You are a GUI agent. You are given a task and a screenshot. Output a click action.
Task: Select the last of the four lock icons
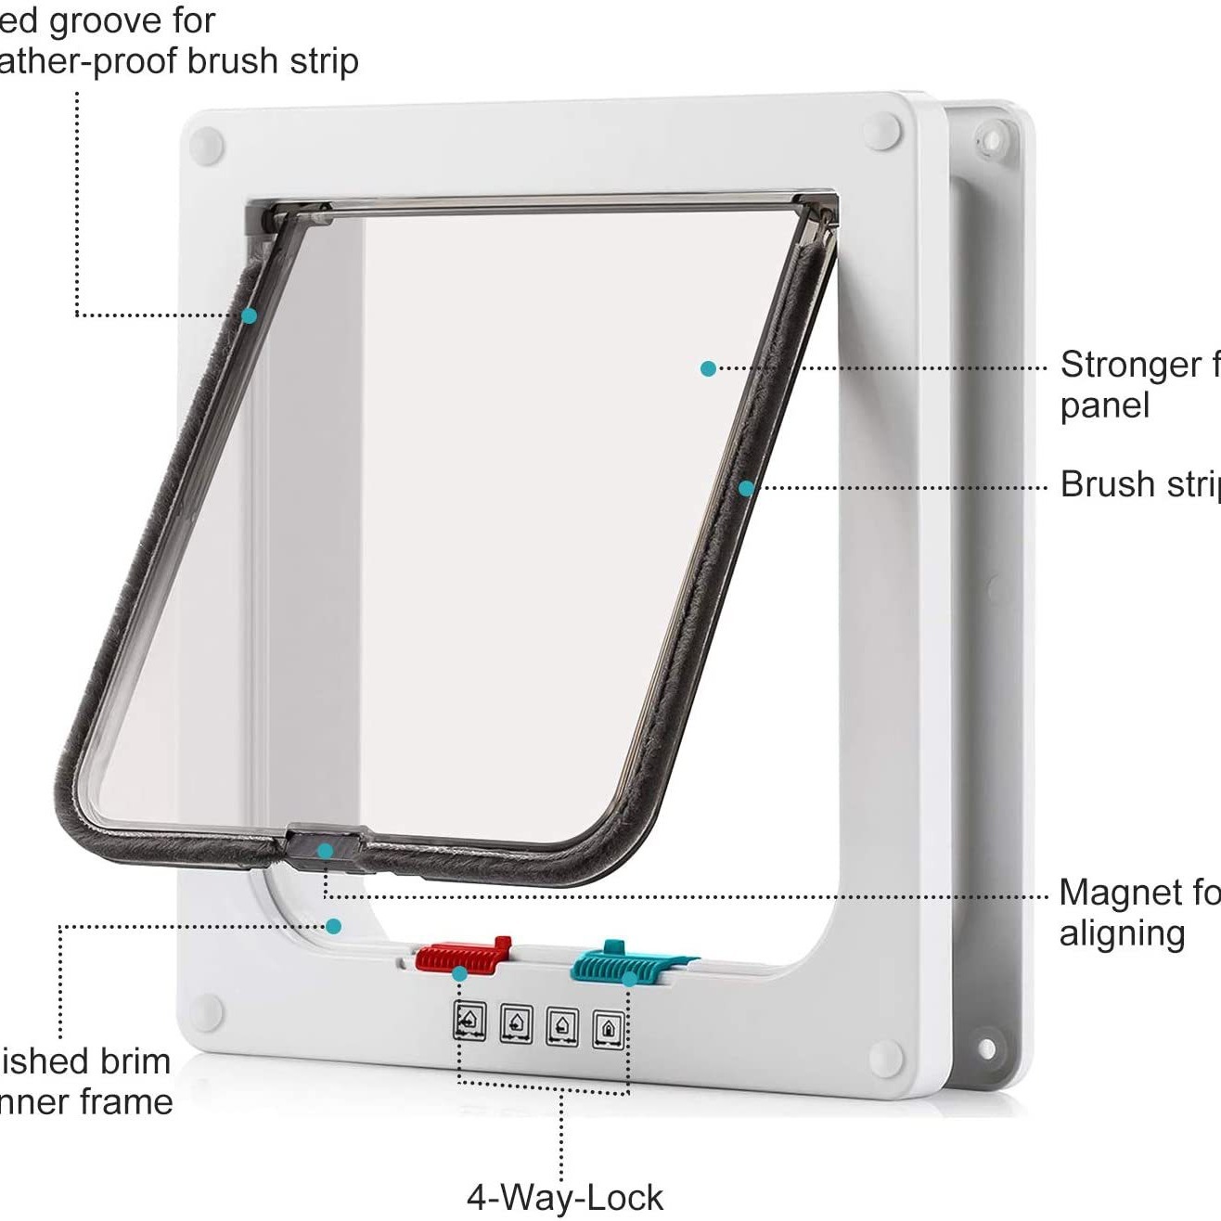pos(608,1029)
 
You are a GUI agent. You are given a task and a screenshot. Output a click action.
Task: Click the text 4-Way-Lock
pos(564,1197)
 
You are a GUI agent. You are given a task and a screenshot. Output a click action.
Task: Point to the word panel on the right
pos(1105,405)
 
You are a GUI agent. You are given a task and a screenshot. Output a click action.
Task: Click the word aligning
pos(1122,933)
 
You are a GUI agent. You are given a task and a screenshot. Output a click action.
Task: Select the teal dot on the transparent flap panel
pos(708,368)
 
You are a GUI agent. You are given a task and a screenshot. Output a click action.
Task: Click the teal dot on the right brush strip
pos(746,487)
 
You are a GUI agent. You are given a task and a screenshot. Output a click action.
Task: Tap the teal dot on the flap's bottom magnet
pos(324,850)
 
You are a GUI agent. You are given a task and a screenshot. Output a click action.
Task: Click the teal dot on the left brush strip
pos(249,315)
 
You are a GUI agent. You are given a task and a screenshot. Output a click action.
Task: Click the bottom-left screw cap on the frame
pos(207,1010)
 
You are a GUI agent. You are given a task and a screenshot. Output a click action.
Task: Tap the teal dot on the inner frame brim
pos(333,926)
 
